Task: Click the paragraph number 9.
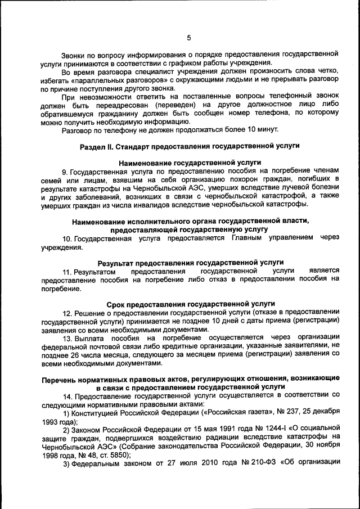(x=65, y=170)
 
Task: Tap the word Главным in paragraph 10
(x=251, y=238)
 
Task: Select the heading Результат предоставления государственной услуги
(x=190, y=263)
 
